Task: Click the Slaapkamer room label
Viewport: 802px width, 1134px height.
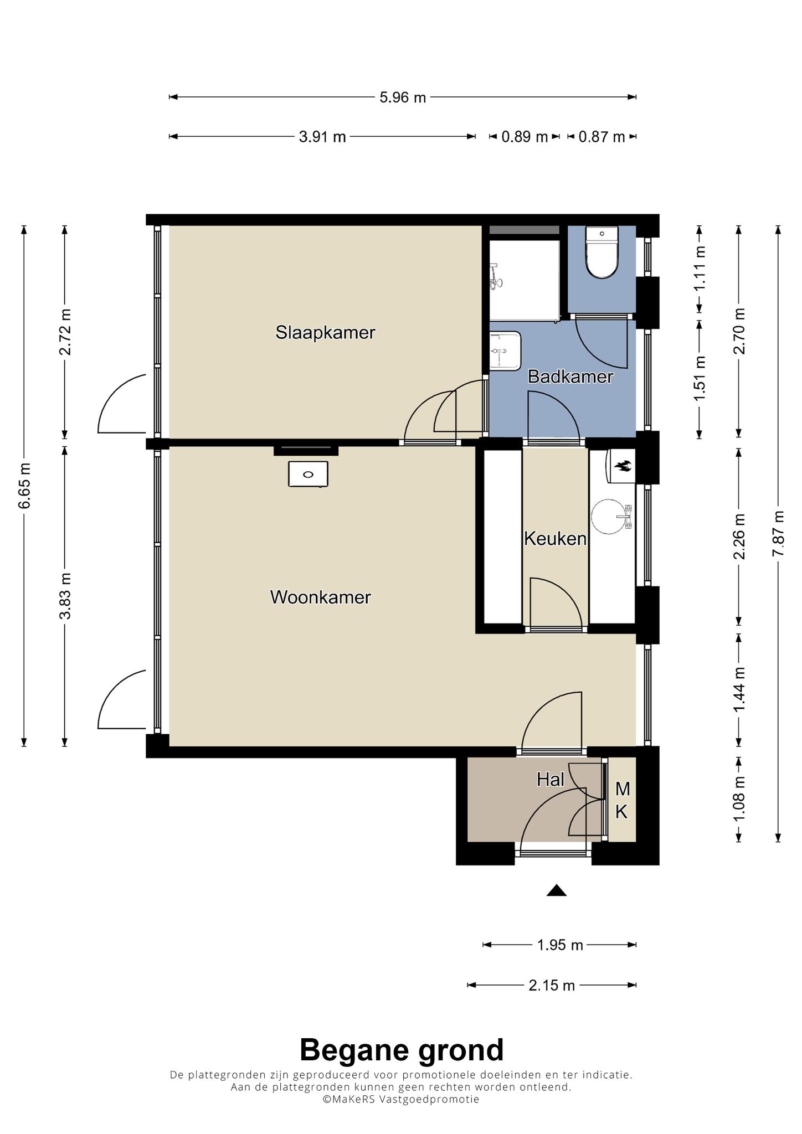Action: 326,333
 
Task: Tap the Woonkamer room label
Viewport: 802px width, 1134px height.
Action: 321,597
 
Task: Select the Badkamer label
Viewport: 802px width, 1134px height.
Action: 570,377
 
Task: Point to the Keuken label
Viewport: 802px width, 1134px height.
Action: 556,539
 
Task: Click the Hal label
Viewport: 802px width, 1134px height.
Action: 551,780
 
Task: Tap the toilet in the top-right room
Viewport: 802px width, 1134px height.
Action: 601,252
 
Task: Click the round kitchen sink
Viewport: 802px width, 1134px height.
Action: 609,517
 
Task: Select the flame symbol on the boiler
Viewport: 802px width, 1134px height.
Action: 624,466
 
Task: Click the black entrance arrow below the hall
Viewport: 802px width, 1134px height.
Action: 557,890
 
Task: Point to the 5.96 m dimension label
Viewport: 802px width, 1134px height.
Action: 403,97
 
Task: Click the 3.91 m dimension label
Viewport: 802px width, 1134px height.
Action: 322,137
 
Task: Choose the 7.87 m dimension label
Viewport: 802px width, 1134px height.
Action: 779,534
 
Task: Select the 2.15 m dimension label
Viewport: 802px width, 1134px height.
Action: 552,985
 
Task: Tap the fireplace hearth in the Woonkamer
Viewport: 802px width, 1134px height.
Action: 308,475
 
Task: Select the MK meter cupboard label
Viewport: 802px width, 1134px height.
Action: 622,800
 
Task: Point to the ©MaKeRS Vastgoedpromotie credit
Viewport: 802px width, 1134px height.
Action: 402,1100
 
